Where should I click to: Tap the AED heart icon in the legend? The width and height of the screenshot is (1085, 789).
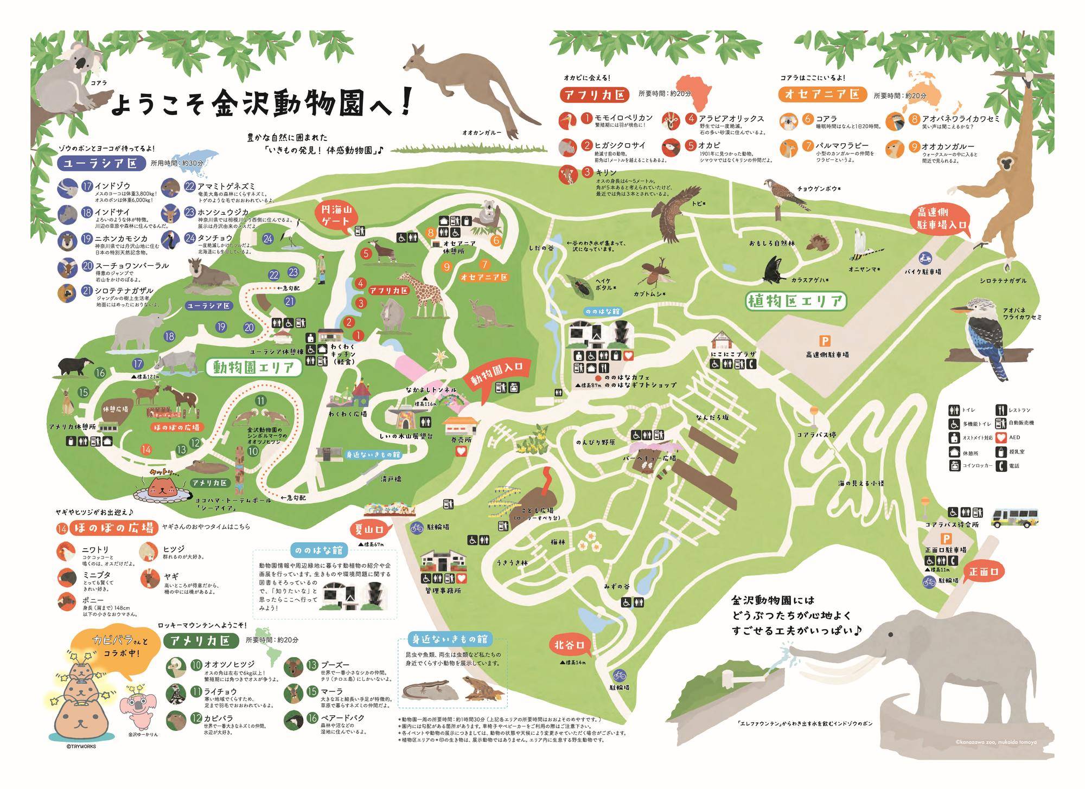point(1001,437)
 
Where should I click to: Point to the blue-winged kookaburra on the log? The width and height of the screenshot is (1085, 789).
point(985,339)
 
